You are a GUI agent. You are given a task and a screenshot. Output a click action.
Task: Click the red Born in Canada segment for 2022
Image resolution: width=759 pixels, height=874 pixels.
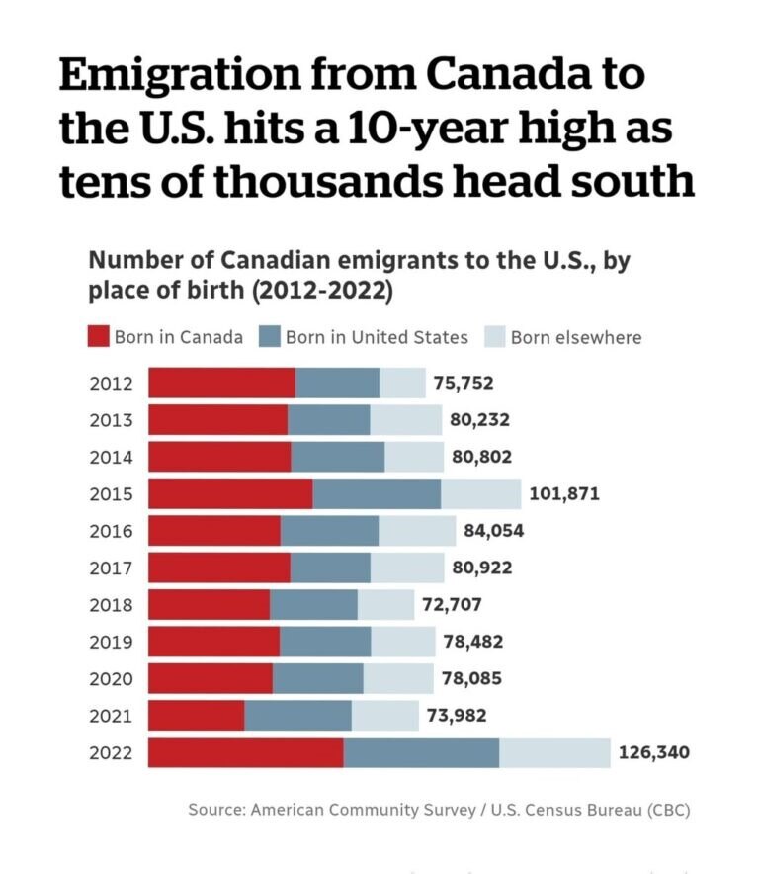246,752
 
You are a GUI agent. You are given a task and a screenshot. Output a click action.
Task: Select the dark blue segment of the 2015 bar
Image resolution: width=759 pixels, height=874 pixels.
377,493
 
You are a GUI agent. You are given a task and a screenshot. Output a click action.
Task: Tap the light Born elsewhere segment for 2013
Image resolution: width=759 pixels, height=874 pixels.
406,419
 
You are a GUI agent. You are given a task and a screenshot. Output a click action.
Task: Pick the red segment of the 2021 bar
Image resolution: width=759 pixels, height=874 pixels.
197,715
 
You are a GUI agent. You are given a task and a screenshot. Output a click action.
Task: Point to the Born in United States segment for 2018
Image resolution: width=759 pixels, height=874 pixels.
313,604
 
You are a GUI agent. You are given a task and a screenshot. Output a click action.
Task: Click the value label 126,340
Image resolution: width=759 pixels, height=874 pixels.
654,752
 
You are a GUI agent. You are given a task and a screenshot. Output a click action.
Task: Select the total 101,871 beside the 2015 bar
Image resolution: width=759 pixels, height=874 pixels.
564,493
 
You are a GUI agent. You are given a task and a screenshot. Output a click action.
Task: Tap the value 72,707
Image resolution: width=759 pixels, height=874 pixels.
453,604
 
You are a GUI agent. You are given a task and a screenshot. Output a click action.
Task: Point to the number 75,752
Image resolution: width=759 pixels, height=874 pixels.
464,383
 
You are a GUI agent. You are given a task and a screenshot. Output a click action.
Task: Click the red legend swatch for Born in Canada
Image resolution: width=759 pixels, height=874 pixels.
97,337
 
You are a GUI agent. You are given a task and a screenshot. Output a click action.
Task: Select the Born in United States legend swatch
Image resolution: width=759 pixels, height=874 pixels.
269,337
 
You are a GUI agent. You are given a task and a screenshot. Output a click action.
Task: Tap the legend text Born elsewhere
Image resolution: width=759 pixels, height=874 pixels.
575,337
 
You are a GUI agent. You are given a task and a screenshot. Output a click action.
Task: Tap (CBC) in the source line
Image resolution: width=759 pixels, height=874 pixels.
668,810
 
